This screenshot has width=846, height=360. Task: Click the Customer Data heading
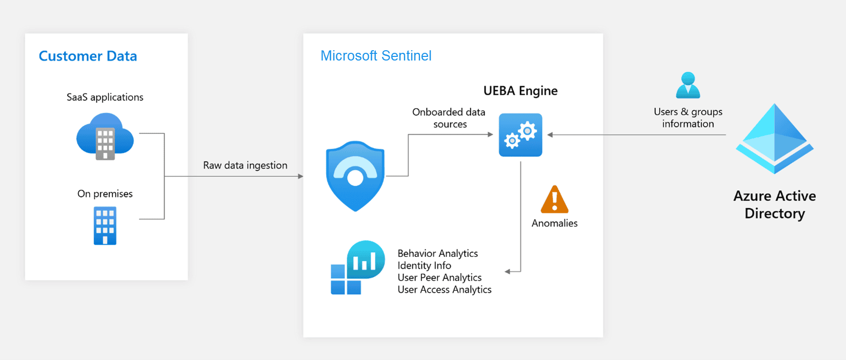coord(88,56)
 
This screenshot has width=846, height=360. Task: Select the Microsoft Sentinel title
coord(376,56)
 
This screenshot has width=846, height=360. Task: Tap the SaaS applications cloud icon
coord(105,137)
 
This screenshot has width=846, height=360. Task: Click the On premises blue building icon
coord(105,226)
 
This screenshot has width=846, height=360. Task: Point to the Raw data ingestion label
coord(245,165)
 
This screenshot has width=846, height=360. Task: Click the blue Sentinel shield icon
coord(355,176)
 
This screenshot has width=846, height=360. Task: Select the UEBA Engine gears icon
coord(520,135)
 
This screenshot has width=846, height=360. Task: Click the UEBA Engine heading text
coord(520,91)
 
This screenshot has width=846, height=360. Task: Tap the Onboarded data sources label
coord(449,118)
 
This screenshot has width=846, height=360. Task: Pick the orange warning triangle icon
coord(555,200)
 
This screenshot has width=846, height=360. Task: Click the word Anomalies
coord(554,223)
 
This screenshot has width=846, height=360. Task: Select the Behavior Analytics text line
coord(437,253)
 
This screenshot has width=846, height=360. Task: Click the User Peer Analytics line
coord(439,277)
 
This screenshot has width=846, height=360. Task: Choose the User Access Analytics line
coord(444,290)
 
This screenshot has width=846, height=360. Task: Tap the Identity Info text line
coord(424,266)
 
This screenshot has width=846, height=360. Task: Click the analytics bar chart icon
coord(358,267)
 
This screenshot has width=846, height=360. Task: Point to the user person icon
coord(688,85)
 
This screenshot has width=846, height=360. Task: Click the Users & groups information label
coord(688,118)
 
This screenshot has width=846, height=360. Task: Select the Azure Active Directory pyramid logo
coord(774,138)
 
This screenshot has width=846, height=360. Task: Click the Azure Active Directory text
coord(774,205)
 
